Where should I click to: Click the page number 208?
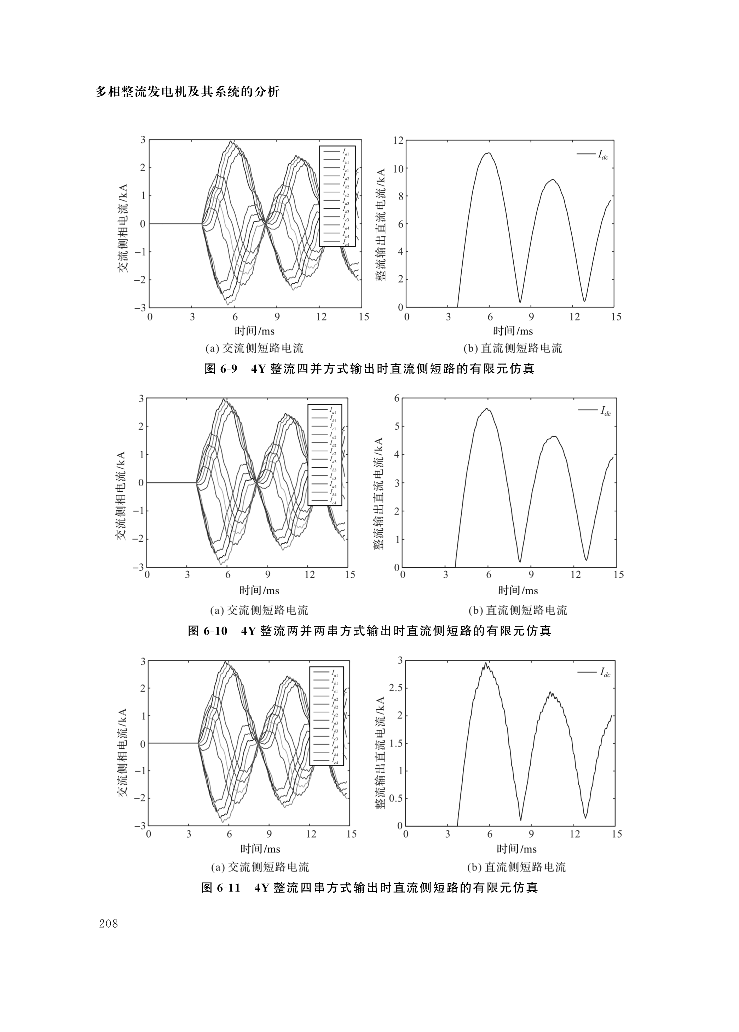(108, 924)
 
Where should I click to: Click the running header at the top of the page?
(187, 92)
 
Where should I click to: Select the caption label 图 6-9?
(221, 368)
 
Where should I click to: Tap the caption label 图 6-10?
(208, 631)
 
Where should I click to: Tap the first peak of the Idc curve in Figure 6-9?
(488, 153)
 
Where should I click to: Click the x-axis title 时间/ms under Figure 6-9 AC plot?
(255, 331)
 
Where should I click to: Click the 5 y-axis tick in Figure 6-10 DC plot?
(397, 426)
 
